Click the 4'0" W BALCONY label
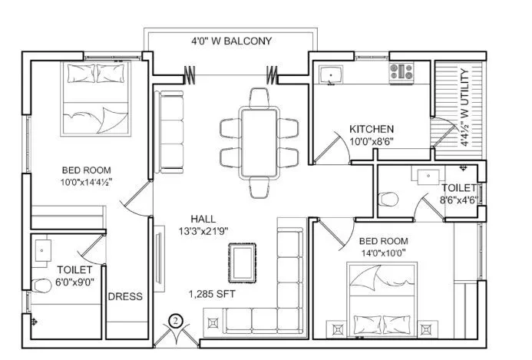(x=230, y=41)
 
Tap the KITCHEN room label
(x=372, y=129)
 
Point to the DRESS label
(x=125, y=297)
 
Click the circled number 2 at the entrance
(x=175, y=320)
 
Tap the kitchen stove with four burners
(x=401, y=73)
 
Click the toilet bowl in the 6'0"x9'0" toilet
(x=39, y=286)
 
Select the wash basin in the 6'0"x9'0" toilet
(x=41, y=249)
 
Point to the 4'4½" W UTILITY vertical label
(x=463, y=107)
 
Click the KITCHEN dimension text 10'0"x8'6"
(x=372, y=142)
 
